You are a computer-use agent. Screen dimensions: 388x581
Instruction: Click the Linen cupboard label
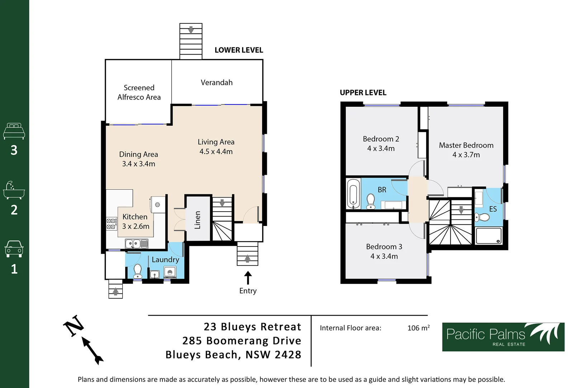coord(198,220)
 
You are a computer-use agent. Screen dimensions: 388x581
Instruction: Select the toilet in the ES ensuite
coord(483,217)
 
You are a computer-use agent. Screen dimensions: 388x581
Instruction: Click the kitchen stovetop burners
coord(112,224)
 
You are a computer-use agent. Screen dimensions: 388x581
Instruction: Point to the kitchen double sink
coord(133,244)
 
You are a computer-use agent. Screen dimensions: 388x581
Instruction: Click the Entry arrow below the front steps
coord(248,278)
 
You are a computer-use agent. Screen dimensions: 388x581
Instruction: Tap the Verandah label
coord(217,83)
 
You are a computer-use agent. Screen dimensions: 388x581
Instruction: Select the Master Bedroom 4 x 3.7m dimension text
coord(466,155)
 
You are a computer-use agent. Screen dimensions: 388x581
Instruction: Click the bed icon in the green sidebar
coord(14,131)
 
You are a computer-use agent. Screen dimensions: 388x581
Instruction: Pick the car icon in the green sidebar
coord(14,249)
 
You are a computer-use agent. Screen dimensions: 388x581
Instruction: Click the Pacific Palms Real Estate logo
coord(503,337)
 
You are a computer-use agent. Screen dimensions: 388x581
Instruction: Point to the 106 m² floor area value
coord(418,328)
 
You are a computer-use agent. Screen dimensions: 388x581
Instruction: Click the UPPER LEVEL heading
coord(363,93)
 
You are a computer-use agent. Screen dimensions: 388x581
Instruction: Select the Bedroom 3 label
coord(384,247)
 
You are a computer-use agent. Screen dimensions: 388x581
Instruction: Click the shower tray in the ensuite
coord(488,236)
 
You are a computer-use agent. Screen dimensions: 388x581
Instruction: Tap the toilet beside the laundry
coord(137,271)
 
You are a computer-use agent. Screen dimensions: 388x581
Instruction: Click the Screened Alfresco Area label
coord(139,92)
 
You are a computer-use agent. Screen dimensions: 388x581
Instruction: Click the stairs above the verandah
coord(191,41)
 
